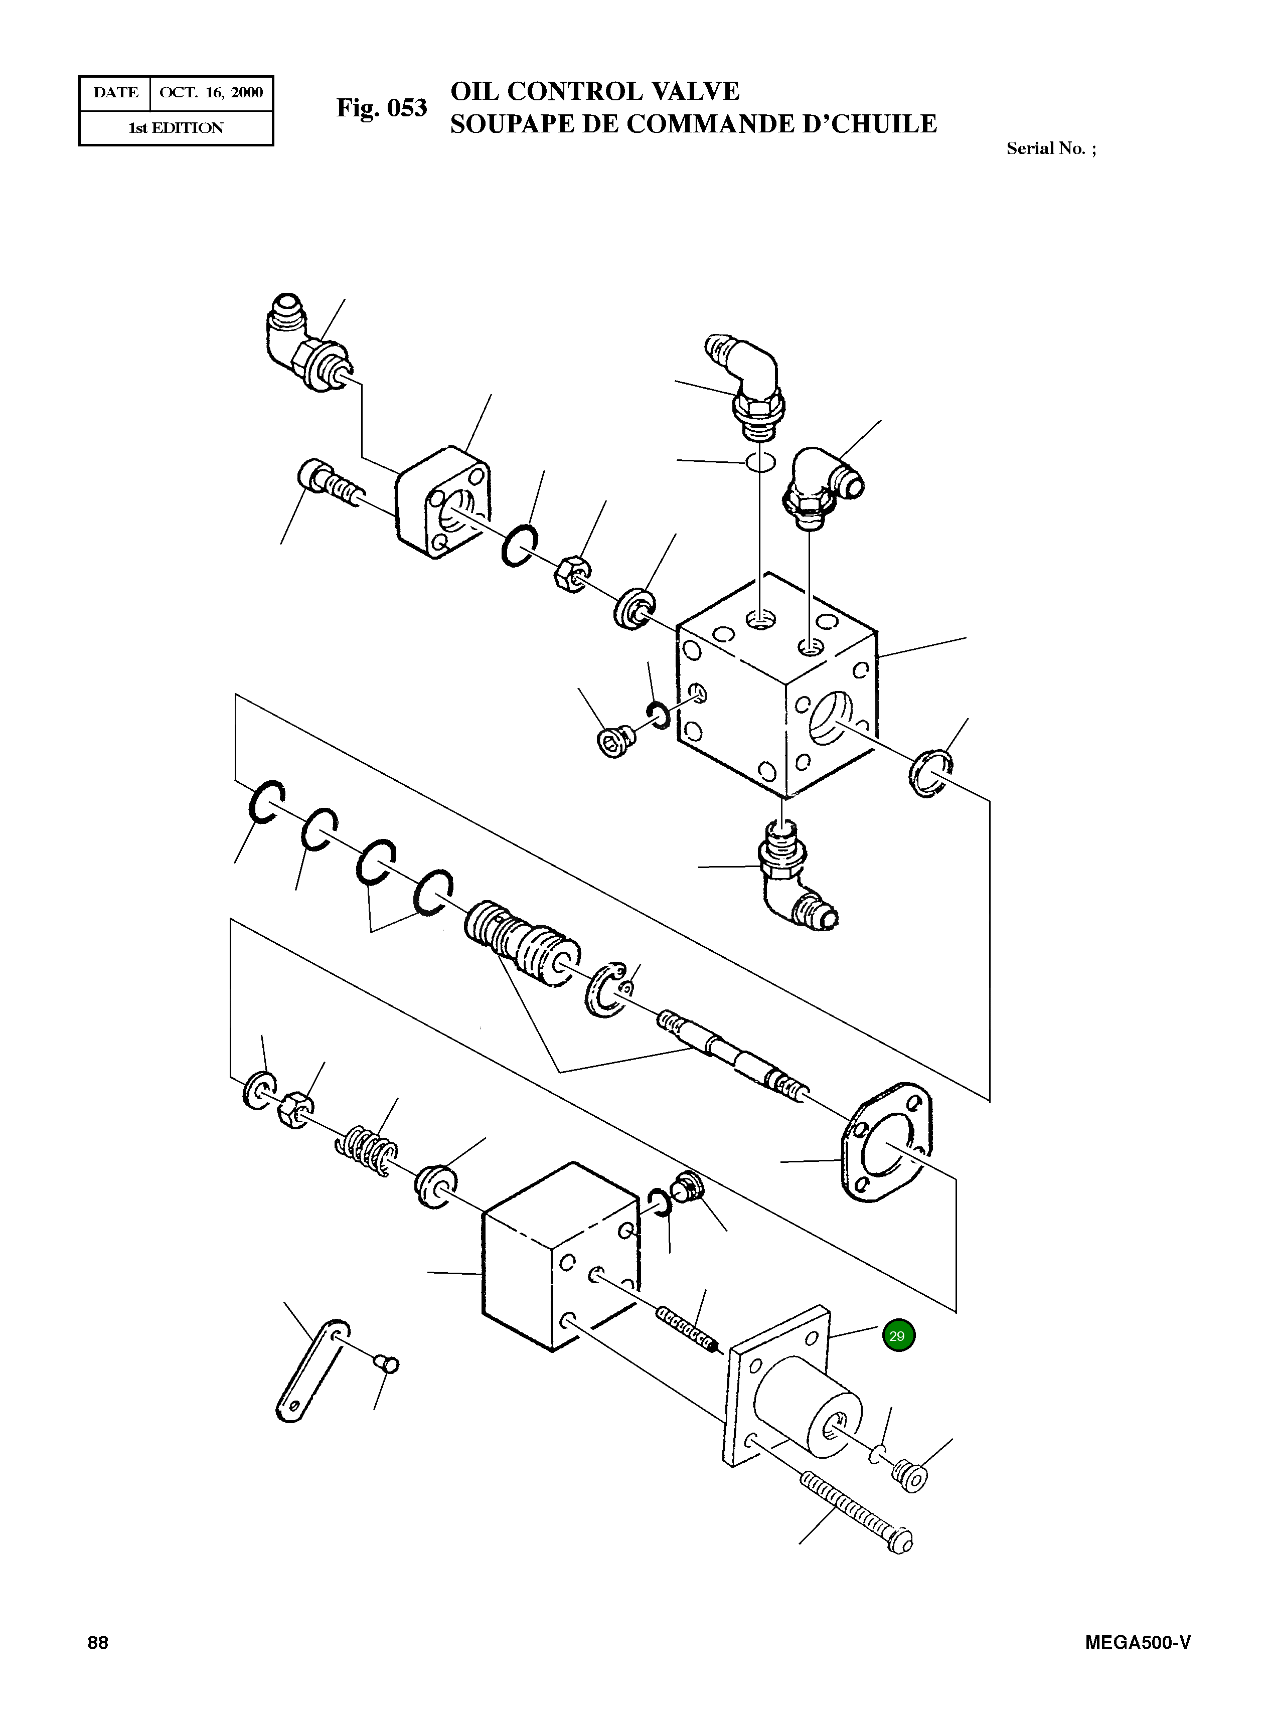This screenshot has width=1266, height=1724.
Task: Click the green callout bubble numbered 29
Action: click(x=898, y=1335)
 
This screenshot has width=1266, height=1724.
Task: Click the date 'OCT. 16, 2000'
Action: click(x=211, y=93)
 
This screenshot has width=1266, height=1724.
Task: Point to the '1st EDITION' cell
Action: click(x=176, y=128)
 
